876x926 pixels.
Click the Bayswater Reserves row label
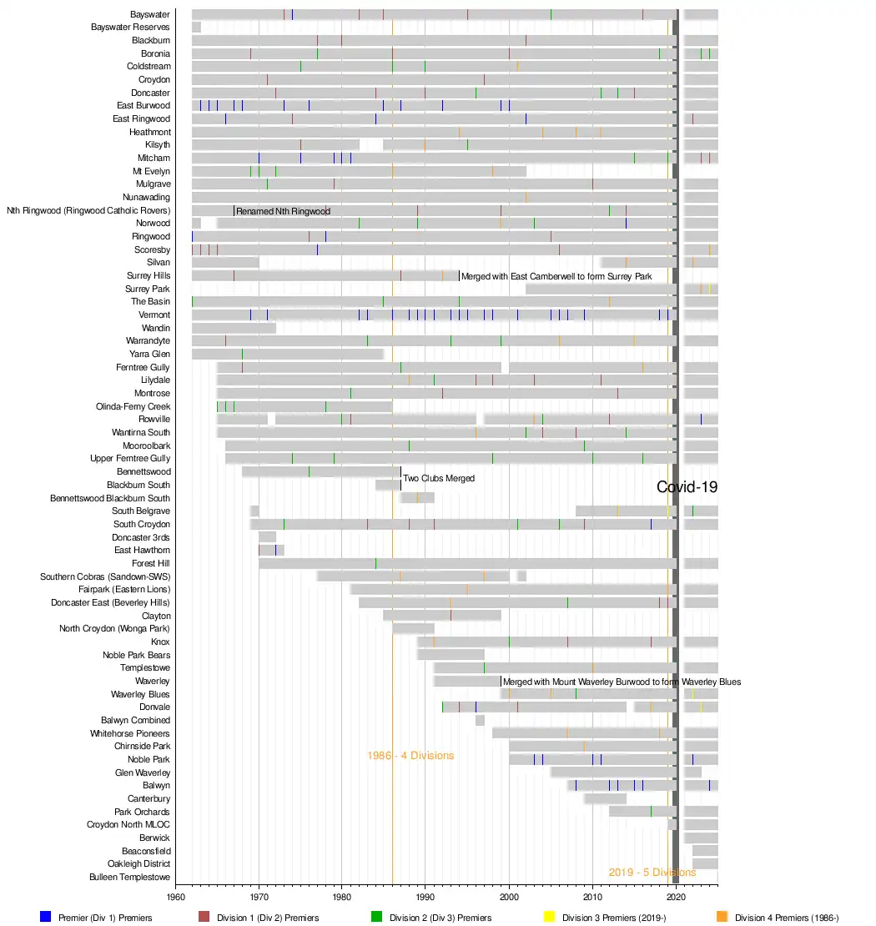point(130,28)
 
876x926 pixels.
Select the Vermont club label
point(154,315)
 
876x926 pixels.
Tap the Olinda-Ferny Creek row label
point(133,407)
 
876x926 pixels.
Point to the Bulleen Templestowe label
point(129,878)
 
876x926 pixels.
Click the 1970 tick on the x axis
point(259,898)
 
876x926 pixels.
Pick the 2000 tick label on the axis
point(509,898)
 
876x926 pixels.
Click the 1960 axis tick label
point(175,898)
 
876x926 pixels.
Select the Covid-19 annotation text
point(687,488)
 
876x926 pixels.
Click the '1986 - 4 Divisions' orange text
point(410,756)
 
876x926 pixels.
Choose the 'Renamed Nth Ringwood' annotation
point(283,211)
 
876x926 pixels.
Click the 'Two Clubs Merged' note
point(439,479)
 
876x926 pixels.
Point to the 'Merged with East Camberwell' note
point(556,276)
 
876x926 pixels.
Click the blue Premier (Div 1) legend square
point(46,917)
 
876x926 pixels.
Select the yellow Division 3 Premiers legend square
point(549,917)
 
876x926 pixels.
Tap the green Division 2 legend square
point(376,917)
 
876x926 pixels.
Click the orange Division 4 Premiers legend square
point(722,917)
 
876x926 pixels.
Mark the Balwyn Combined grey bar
point(480,720)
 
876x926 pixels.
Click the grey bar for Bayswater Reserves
point(196,28)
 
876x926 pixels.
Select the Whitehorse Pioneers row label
point(130,733)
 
